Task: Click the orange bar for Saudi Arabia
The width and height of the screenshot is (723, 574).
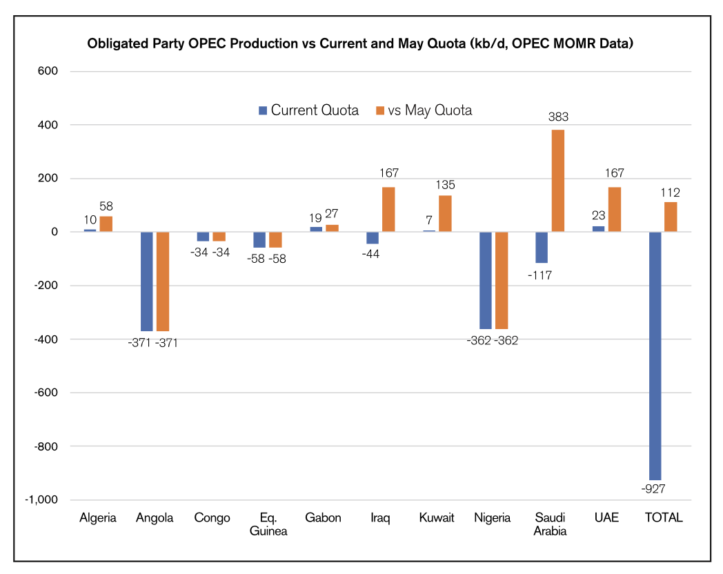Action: [x=557, y=181]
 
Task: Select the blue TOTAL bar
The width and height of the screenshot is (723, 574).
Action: [x=655, y=355]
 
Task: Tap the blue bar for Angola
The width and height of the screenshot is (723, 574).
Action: [x=146, y=281]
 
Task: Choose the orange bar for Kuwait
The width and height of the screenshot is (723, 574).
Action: [x=445, y=214]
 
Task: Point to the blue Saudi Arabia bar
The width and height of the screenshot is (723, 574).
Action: [x=542, y=247]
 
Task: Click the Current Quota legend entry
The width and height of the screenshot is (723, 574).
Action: [x=308, y=110]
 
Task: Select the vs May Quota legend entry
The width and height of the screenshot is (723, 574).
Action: [x=423, y=110]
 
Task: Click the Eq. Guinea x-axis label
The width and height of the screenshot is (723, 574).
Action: [x=268, y=524]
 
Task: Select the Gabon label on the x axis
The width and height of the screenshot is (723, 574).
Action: [x=324, y=517]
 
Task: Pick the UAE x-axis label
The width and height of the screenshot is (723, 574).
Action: [x=606, y=517]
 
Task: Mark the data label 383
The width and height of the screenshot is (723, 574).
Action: [x=558, y=117]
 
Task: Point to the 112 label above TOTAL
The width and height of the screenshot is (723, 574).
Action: [x=670, y=192]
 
